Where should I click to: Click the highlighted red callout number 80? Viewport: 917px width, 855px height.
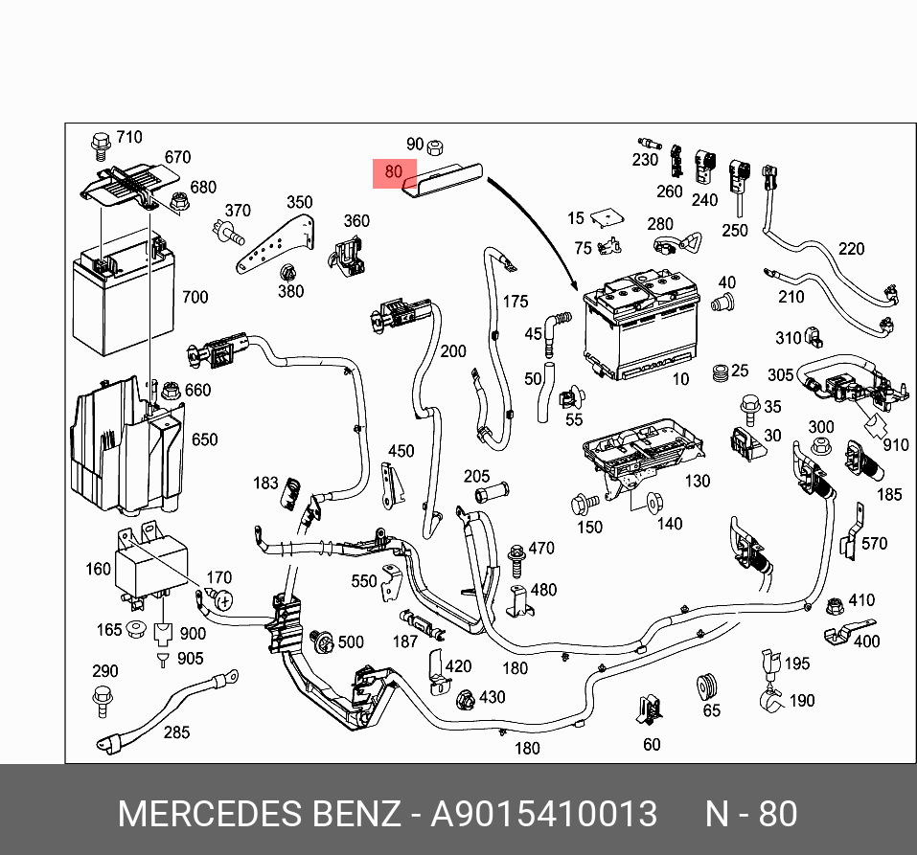point(393,172)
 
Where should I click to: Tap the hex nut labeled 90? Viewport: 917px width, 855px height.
point(433,146)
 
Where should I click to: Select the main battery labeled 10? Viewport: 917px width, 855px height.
point(639,326)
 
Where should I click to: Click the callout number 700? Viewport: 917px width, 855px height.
point(195,297)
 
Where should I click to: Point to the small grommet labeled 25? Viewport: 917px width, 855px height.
point(721,371)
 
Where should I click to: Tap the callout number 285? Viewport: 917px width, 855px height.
point(176,732)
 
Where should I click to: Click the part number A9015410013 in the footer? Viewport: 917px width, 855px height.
point(544,814)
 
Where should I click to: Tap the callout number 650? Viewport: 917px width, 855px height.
point(204,439)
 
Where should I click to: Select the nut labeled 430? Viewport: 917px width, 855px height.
point(466,699)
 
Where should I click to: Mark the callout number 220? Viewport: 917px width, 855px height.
point(851,249)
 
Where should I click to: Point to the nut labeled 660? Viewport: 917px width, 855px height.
point(171,391)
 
